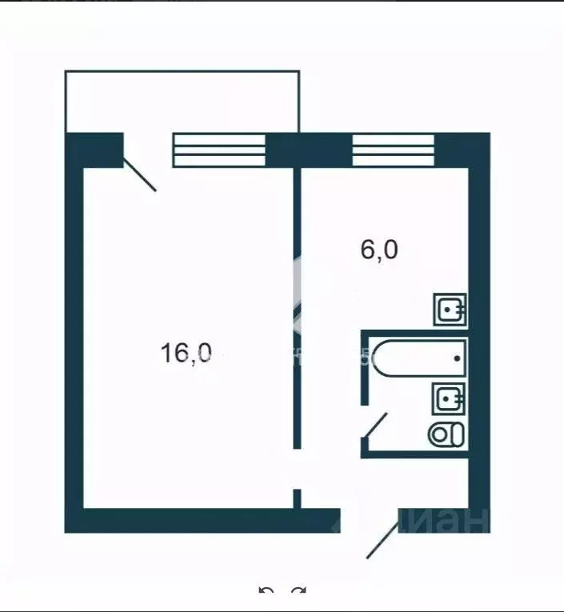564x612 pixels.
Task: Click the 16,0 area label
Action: [186, 353]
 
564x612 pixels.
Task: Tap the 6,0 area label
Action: [378, 250]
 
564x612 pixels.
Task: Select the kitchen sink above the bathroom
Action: [450, 309]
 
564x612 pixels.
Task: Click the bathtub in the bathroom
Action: [421, 358]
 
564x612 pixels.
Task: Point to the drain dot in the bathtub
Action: [458, 358]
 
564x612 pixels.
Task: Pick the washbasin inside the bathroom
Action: [449, 397]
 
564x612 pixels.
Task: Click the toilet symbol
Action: [446, 434]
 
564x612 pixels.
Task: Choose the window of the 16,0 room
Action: [219, 150]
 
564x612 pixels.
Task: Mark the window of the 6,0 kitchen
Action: [393, 150]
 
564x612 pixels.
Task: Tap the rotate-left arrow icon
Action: [266, 593]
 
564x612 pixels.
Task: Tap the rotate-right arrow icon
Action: [298, 593]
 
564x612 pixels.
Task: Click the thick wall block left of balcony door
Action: [94, 150]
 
